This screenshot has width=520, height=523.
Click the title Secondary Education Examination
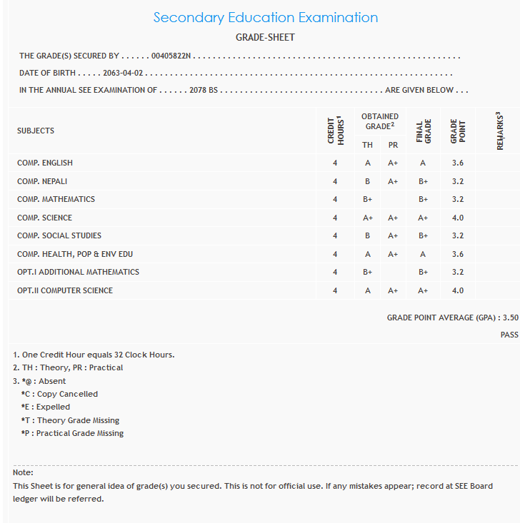pos(265,18)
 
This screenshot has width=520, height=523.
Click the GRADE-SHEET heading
pos(265,37)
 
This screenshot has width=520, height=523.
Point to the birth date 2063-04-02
pos(124,73)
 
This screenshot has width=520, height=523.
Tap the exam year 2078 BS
pos(203,91)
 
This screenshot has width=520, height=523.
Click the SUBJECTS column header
pos(36,131)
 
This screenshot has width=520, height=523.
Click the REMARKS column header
pos(499,131)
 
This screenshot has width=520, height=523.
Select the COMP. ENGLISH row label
pos(45,163)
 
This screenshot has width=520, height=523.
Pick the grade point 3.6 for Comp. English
pos(458,163)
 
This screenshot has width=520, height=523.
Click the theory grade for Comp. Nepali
pos(367,181)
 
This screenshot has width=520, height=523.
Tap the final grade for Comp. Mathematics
pos(423,199)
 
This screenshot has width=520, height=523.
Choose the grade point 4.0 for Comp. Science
pos(458,218)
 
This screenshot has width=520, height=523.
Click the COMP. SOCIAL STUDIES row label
pos(59,235)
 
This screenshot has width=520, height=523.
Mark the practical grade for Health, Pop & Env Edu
pos(393,254)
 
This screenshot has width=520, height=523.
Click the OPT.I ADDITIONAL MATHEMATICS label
pos(78,272)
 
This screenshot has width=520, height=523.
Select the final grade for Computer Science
pos(423,290)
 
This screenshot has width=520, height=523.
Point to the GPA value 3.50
pos(510,318)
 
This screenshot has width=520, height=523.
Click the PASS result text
pos(509,335)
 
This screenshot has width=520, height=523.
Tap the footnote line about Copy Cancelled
pos(59,394)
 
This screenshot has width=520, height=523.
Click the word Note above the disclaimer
pos(23,472)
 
